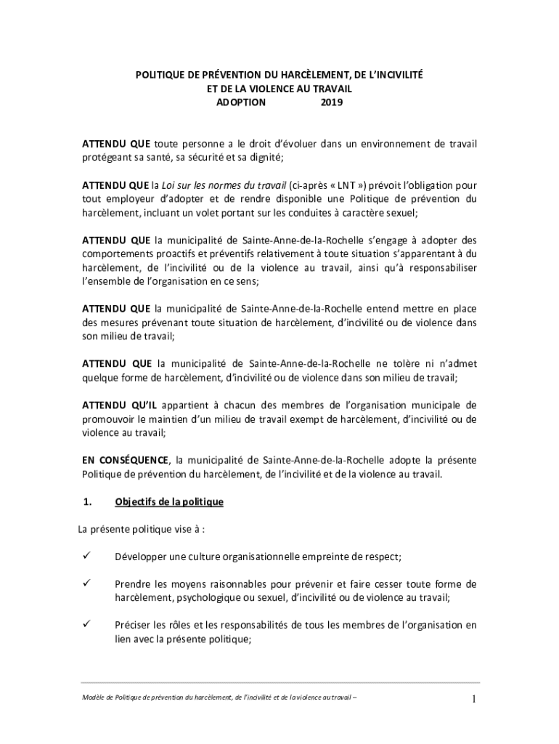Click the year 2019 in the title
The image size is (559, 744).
[332, 103]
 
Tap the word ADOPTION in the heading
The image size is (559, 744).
[242, 103]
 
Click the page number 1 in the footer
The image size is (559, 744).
[473, 700]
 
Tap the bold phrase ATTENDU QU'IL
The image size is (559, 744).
[119, 405]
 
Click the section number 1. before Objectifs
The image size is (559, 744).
[86, 502]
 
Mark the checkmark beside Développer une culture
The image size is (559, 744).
[86, 557]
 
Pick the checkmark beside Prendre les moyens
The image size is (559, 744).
[86, 583]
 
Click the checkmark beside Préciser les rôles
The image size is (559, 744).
[86, 625]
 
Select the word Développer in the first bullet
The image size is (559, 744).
[141, 557]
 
